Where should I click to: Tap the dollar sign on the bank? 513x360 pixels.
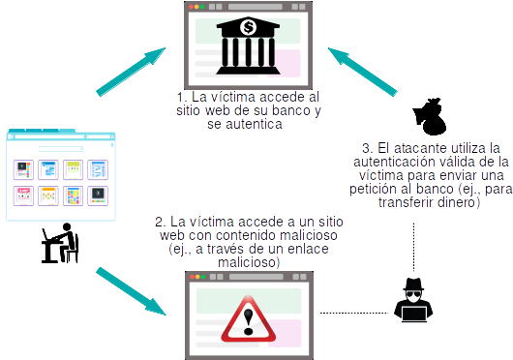point(250,27)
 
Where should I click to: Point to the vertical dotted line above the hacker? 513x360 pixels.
point(416,247)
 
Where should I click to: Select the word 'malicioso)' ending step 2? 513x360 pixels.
point(249,262)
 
